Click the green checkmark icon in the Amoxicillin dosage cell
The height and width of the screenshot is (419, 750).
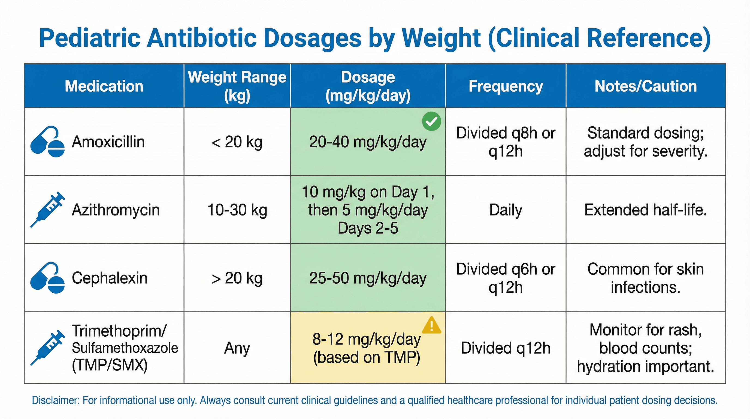coord(431,121)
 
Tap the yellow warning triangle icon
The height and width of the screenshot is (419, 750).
coord(431,325)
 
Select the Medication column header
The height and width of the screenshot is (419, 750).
coord(104,86)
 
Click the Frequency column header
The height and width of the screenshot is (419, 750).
coord(506,86)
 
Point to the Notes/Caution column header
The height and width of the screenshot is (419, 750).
coord(645,86)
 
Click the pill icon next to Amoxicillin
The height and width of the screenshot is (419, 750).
coord(47,142)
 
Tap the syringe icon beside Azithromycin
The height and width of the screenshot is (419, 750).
coord(47,209)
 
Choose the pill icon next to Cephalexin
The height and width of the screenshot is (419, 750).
coord(47,278)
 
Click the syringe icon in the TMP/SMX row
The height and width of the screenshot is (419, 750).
coord(47,348)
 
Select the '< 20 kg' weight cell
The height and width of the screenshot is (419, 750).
coord(237,142)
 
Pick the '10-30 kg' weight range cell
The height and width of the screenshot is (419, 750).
coord(237,210)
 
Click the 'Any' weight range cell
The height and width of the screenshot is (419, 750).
coord(237,348)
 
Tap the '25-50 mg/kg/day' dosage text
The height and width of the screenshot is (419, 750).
coord(368,278)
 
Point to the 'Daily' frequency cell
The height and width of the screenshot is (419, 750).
coord(506,210)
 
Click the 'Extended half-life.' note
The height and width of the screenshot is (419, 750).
coord(645,210)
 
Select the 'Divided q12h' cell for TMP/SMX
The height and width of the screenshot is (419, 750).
coord(506,348)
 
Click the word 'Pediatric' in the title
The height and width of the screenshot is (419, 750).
coord(90,38)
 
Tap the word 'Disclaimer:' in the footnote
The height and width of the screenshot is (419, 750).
coord(55,400)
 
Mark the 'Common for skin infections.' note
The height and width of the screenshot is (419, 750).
coord(645,278)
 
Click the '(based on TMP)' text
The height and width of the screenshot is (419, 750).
coord(367,358)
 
